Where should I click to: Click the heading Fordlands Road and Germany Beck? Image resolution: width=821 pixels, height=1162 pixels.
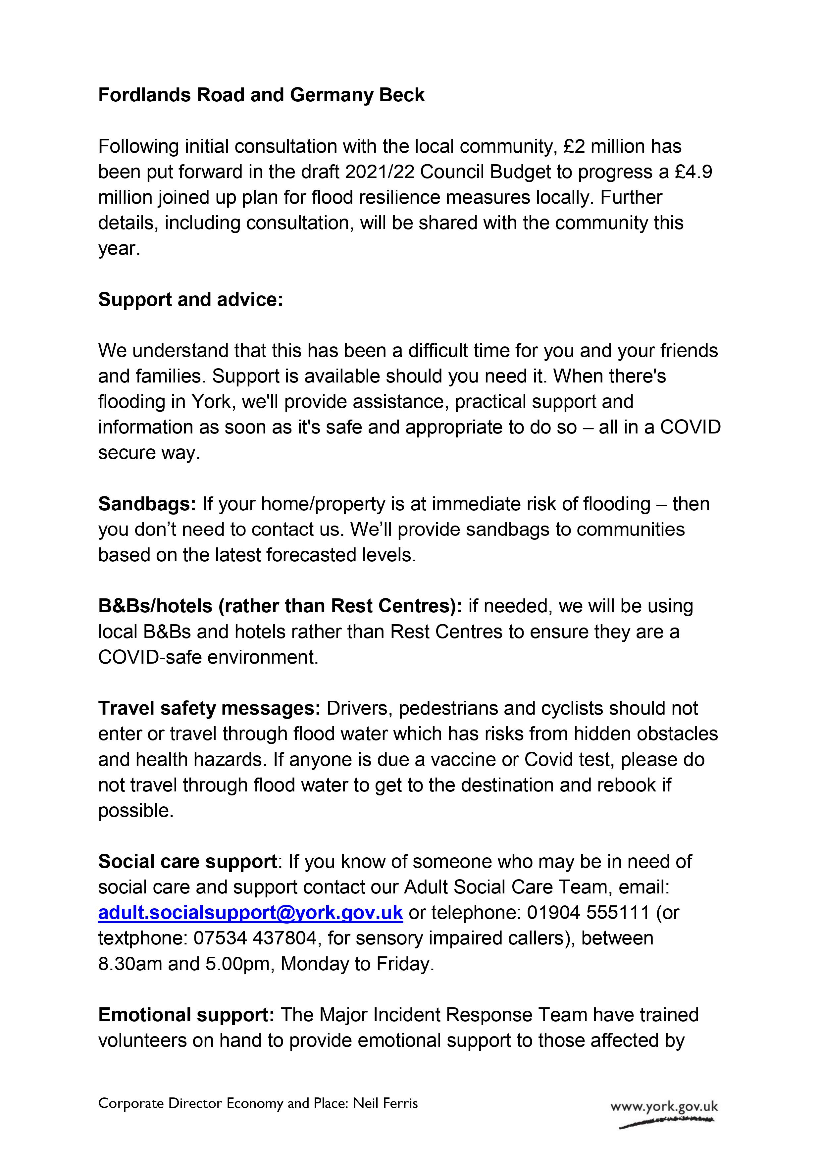point(261,95)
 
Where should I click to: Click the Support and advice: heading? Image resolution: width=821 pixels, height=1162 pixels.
point(190,300)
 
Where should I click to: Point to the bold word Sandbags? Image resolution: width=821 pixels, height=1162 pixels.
point(147,504)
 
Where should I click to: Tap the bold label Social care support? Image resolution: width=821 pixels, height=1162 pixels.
point(187,861)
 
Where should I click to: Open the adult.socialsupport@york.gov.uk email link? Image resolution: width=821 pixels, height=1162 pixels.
point(251,913)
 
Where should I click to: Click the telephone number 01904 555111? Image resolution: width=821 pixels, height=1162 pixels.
point(588,913)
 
